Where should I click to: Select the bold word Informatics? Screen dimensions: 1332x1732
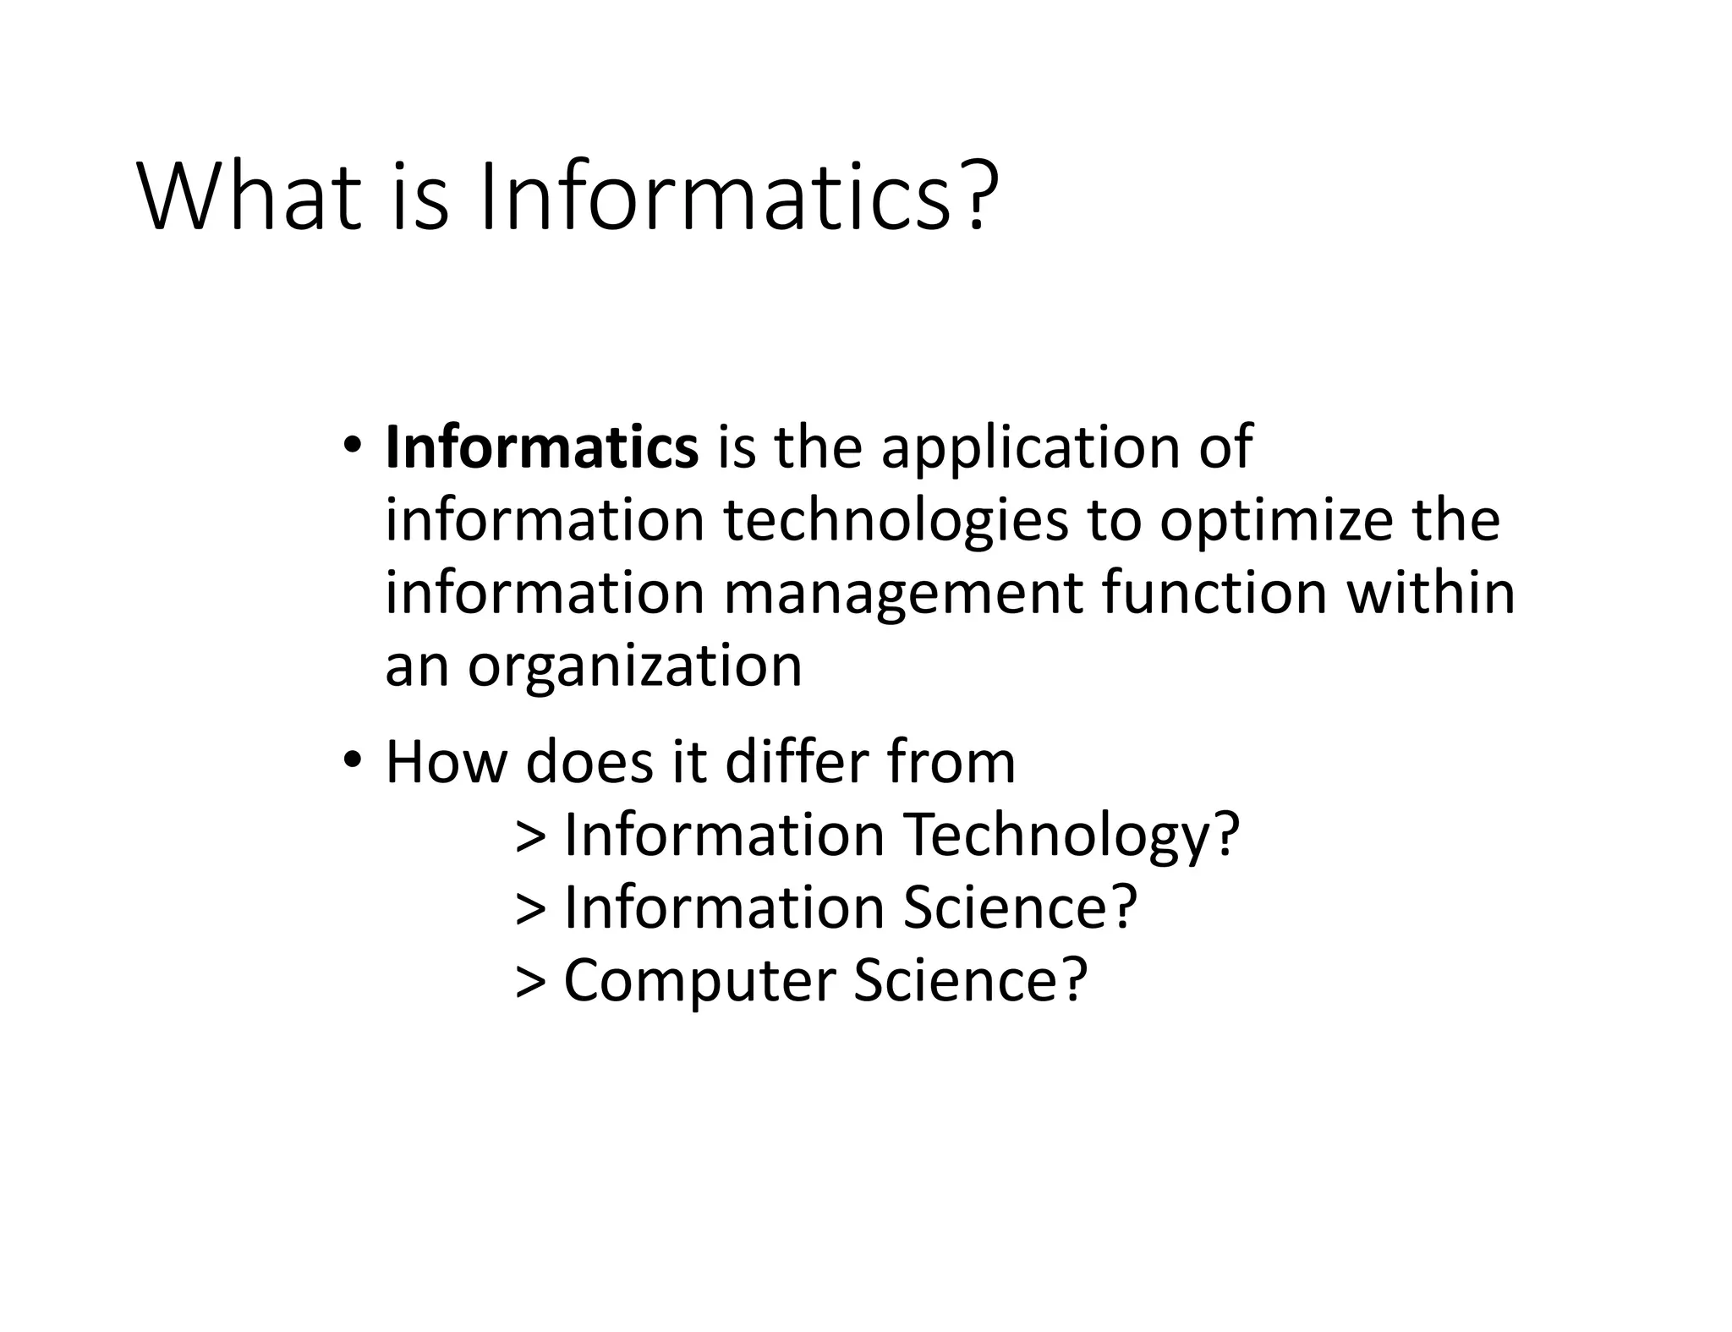click(542, 447)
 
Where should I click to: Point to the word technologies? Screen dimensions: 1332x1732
click(896, 521)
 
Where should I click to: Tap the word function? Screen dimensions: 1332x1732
click(1214, 593)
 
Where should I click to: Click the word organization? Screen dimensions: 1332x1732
click(634, 667)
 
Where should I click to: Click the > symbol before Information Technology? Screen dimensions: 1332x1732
click(530, 836)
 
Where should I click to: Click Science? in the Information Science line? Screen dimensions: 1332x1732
click(1020, 907)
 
